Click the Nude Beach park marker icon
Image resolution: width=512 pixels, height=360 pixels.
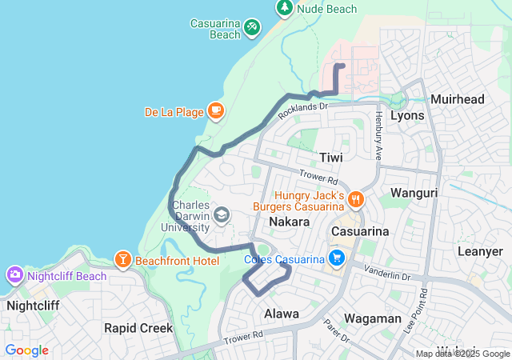click(x=285, y=7)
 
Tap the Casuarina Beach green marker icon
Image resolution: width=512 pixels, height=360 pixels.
click(x=253, y=28)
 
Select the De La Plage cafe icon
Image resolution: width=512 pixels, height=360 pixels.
click(x=214, y=110)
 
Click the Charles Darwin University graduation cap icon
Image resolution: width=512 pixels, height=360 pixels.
click(x=222, y=214)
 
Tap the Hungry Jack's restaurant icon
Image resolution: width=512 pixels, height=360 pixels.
click(x=356, y=198)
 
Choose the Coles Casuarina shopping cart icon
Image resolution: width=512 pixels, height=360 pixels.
click(x=337, y=258)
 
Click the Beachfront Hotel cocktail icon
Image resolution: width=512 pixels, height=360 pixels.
click(x=122, y=258)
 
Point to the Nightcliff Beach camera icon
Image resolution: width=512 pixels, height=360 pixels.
click(x=15, y=276)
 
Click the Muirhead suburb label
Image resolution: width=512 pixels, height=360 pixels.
click(x=458, y=99)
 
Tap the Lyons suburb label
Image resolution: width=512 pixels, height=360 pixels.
click(x=406, y=115)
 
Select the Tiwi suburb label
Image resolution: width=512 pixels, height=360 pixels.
click(x=330, y=158)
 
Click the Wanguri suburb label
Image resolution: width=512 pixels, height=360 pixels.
click(x=414, y=192)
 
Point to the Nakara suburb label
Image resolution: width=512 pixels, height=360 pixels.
click(x=289, y=221)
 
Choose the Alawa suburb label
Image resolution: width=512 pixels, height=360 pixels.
click(x=282, y=314)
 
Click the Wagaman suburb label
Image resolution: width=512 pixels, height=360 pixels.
click(x=373, y=318)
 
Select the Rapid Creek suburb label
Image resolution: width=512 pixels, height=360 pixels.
click(x=138, y=328)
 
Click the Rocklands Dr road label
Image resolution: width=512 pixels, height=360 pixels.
click(x=303, y=111)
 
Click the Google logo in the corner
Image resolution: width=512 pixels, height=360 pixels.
click(x=26, y=350)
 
